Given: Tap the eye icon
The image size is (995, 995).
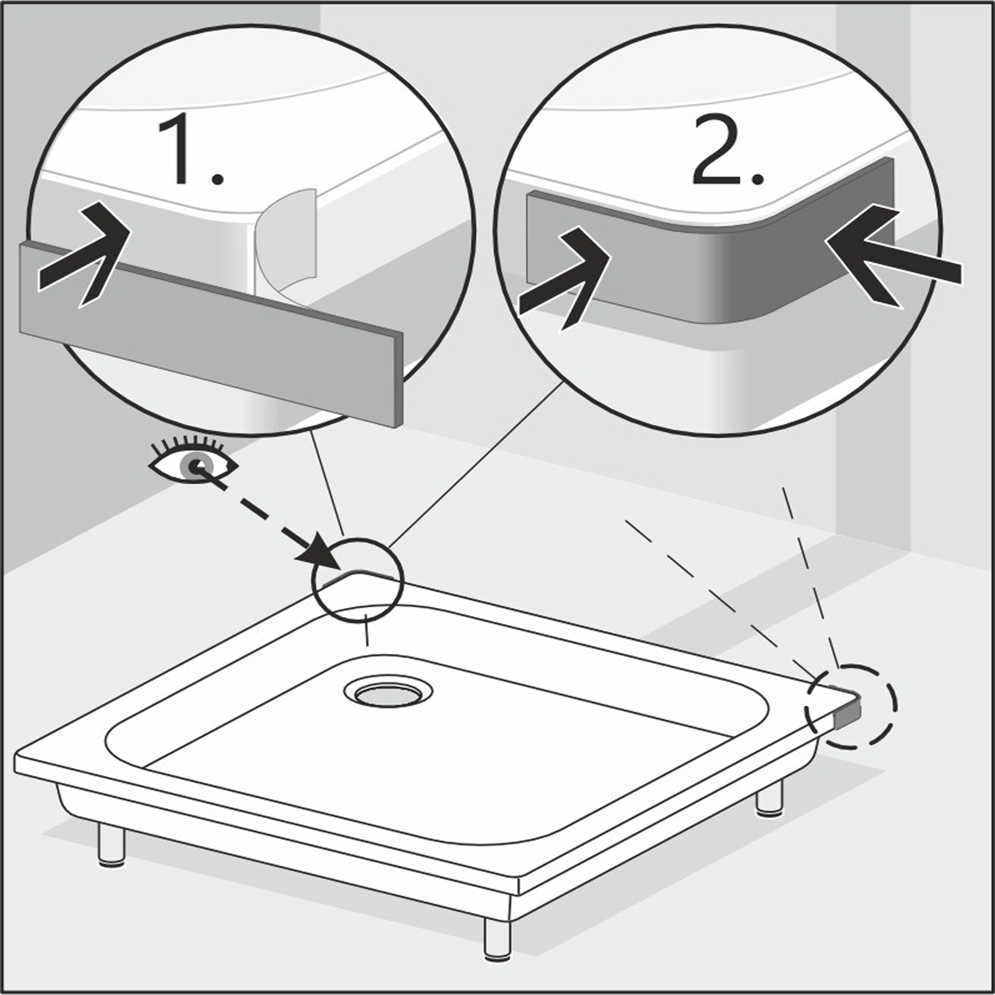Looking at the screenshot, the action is click(x=193, y=460).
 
